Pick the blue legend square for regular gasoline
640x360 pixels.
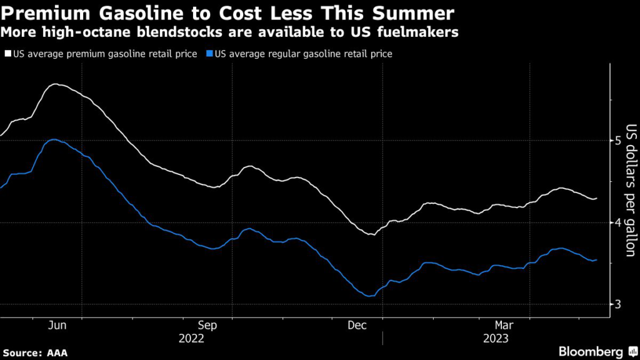point(210,54)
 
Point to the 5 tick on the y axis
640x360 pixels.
point(617,141)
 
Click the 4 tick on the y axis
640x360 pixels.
point(617,222)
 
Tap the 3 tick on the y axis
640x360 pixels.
point(617,304)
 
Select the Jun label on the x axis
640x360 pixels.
point(57,326)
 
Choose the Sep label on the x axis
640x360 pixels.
point(207,326)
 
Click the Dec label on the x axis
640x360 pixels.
point(356,326)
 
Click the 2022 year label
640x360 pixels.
point(191,338)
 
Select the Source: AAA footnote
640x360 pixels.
point(35,352)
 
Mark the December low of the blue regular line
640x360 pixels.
point(369,296)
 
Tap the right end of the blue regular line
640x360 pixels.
point(596,259)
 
